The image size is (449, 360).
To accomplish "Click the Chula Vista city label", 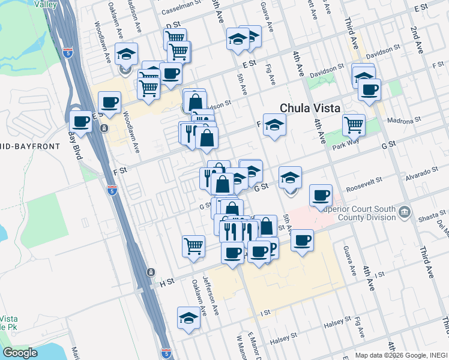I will (310, 109).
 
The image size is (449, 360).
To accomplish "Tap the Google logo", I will (20, 353).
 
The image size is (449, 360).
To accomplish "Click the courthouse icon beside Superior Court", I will (405, 212).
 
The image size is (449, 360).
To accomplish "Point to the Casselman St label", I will (186, 12).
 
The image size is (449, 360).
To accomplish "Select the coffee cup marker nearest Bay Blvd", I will (81, 122).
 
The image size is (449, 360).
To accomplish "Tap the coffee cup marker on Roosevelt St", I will (321, 194).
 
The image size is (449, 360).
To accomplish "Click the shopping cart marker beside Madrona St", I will (354, 125).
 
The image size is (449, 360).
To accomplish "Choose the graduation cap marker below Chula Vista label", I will (274, 125).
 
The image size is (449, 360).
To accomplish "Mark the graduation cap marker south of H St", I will (188, 318).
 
